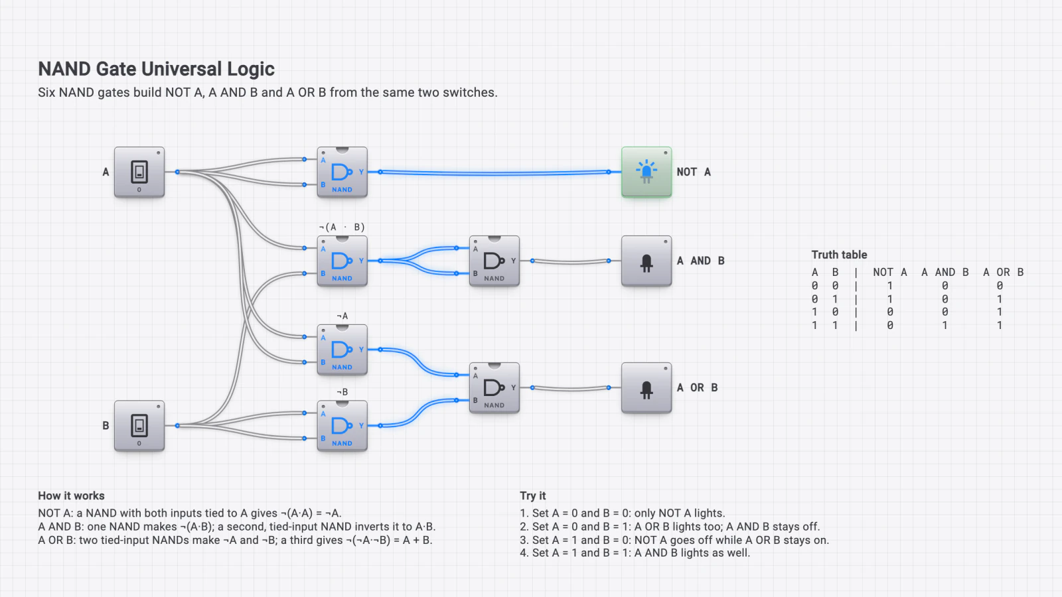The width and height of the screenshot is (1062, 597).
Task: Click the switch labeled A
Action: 139,172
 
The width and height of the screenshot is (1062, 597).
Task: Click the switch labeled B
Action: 139,425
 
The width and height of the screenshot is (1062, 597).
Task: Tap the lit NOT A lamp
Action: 646,172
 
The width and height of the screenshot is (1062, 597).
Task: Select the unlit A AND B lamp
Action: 646,261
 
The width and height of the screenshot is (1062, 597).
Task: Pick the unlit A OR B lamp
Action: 646,387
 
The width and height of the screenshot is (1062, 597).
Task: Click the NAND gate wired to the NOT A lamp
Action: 342,172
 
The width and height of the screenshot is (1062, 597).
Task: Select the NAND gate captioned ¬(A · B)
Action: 342,261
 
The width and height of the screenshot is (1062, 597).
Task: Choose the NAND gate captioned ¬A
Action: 342,350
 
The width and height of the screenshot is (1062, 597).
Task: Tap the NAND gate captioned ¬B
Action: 342,425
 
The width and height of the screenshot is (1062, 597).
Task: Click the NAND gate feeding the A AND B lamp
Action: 494,261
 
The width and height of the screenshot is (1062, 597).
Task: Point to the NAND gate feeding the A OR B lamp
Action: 494,387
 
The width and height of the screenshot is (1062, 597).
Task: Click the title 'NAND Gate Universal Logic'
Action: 157,69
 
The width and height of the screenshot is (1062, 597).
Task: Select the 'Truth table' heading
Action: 839,255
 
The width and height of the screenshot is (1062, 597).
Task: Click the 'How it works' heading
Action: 71,496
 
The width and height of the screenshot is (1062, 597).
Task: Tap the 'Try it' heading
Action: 533,496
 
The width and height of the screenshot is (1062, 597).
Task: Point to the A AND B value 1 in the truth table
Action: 945,326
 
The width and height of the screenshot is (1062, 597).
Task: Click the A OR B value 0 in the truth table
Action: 1000,286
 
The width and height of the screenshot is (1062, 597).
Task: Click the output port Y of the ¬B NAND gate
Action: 380,425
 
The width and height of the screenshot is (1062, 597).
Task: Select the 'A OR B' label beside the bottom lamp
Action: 697,387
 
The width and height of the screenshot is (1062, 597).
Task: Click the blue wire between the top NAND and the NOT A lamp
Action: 494,173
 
